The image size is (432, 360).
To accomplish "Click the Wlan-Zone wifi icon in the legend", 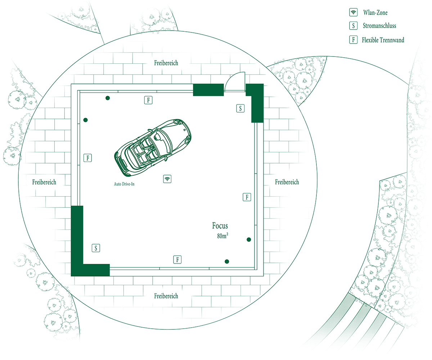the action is click(x=353, y=12).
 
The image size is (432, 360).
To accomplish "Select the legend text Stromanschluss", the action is click(x=379, y=26).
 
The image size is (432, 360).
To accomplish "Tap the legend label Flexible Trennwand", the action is click(x=383, y=40).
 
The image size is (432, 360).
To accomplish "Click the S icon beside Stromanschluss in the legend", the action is click(x=353, y=26).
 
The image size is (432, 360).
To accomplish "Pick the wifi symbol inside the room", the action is click(x=167, y=179).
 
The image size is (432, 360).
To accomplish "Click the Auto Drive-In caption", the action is click(x=124, y=184).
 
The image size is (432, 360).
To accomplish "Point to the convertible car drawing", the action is click(x=153, y=148).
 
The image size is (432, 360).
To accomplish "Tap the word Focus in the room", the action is click(x=220, y=226).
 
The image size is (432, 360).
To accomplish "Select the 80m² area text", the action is click(x=222, y=236).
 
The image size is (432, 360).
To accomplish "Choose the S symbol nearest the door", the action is click(x=240, y=108).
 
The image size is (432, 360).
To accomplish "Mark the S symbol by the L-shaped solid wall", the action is click(x=96, y=248).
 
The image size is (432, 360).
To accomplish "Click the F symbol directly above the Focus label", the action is click(x=247, y=197).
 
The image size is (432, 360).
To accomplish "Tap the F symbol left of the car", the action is click(x=87, y=158).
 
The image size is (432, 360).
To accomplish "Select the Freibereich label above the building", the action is click(x=166, y=63).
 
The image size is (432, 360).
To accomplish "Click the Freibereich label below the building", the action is click(x=166, y=296).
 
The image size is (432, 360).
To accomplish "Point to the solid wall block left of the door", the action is click(x=208, y=90).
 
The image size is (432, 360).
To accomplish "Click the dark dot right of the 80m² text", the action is click(x=249, y=240).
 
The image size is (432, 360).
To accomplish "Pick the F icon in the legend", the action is click(x=353, y=40).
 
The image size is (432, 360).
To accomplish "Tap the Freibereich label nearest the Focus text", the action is click(x=287, y=182).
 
